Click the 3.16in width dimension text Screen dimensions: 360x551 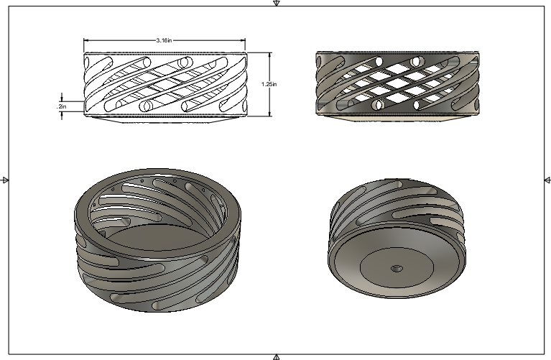tap(164, 41)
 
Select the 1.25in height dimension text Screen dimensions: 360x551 tap(269, 84)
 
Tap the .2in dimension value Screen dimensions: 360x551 tap(62, 106)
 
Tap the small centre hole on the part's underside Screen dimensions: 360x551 tap(395, 268)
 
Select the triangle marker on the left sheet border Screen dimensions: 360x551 tap(4, 180)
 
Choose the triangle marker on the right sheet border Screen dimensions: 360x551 tap(547, 180)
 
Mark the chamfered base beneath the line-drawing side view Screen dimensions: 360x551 tap(165, 120)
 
